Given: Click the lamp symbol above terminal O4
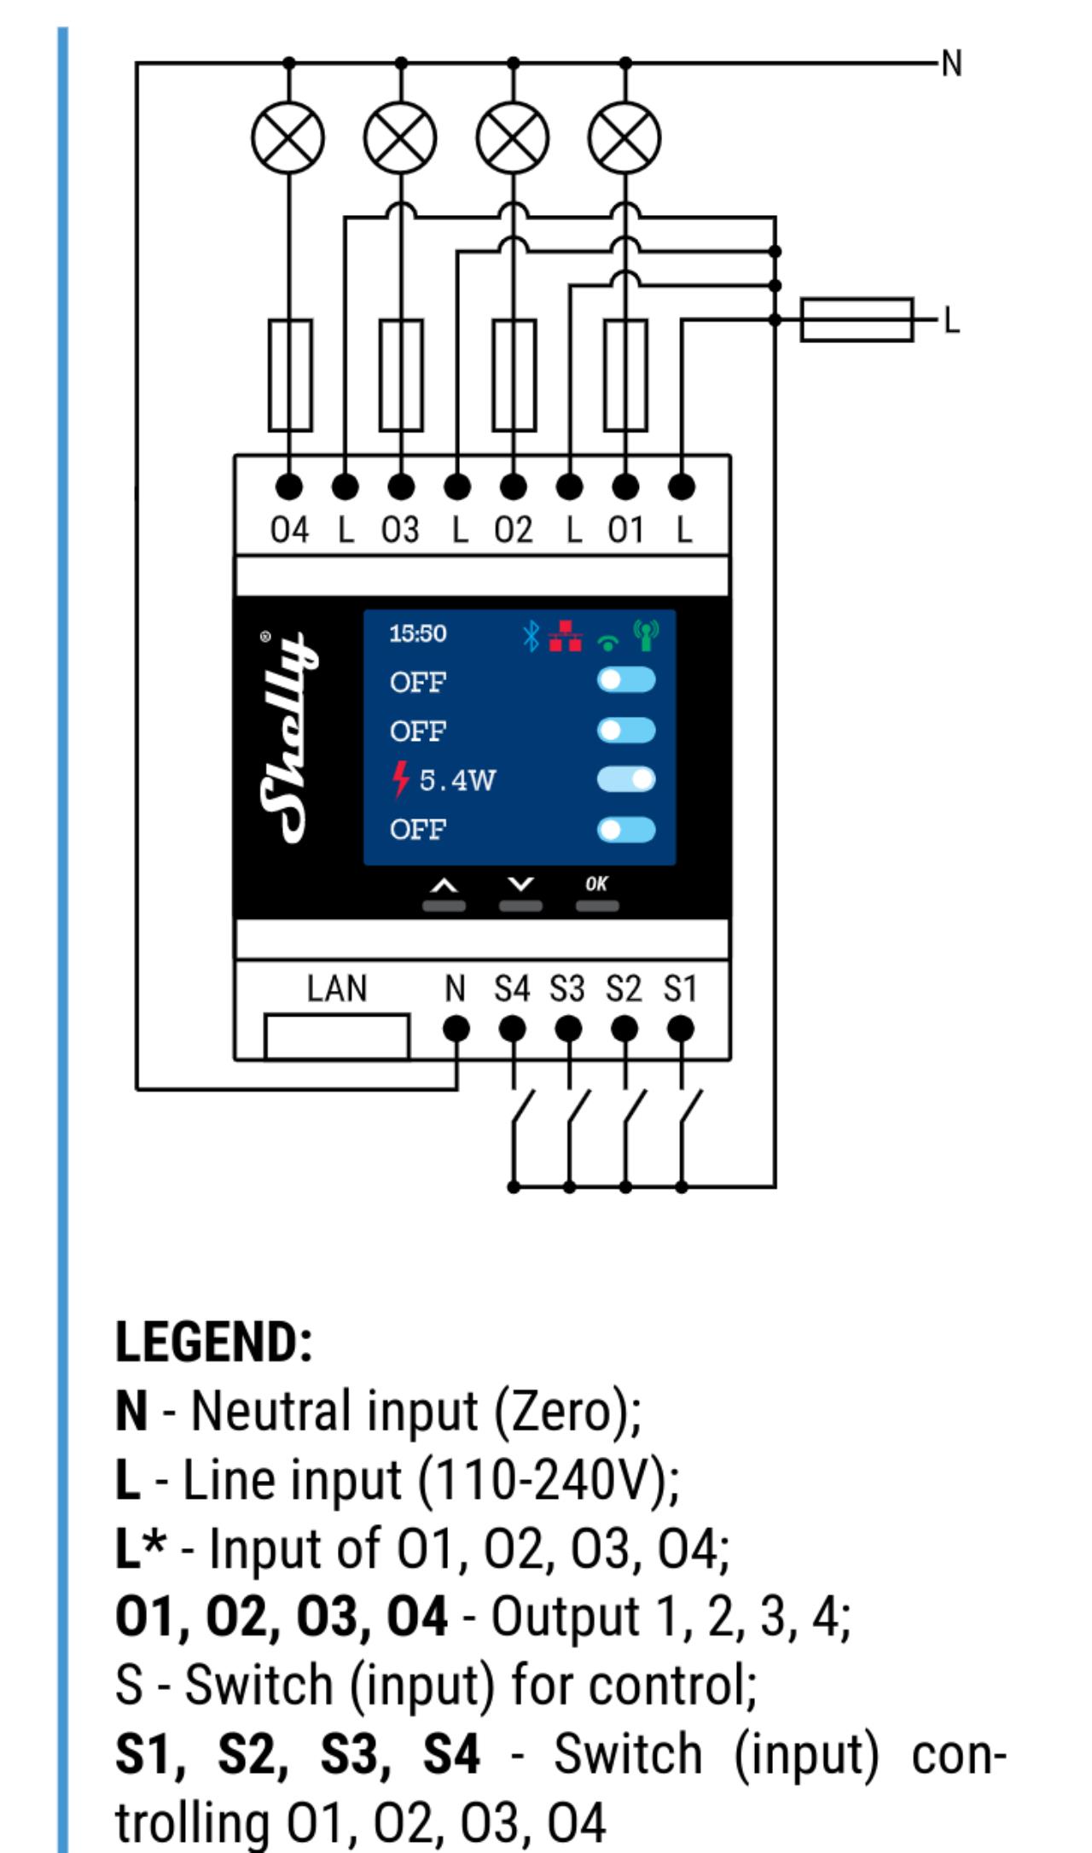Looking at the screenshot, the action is [288, 137].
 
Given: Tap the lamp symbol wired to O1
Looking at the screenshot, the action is [625, 137].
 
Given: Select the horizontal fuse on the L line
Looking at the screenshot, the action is [857, 320].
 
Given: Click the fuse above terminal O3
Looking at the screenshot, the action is [401, 375].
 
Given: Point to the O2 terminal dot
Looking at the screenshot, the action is [513, 487].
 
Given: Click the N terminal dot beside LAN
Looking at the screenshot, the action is [456, 1029].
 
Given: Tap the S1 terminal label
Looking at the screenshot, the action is [681, 989].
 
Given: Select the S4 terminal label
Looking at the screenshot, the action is [512, 989].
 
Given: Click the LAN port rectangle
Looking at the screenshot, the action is [336, 1036].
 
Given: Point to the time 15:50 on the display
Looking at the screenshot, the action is [418, 633].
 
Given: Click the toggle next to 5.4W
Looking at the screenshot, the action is [626, 779].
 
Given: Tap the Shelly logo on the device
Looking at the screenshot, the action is [283, 737].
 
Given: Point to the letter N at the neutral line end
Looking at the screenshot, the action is [951, 63].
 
